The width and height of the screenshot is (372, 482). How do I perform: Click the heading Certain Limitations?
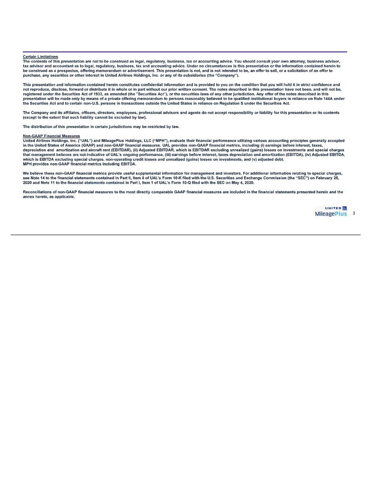point(40,57)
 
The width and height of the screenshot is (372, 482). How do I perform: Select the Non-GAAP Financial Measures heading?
point(51,136)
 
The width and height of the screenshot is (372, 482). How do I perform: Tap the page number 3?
point(354,213)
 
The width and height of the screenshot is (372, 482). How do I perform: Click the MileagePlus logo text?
point(331,214)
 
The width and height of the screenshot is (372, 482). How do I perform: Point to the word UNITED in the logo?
point(333,208)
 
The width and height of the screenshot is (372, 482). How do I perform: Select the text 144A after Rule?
point(329,99)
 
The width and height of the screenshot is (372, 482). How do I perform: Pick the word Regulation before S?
point(229,103)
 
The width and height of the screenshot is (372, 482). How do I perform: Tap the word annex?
point(28,196)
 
